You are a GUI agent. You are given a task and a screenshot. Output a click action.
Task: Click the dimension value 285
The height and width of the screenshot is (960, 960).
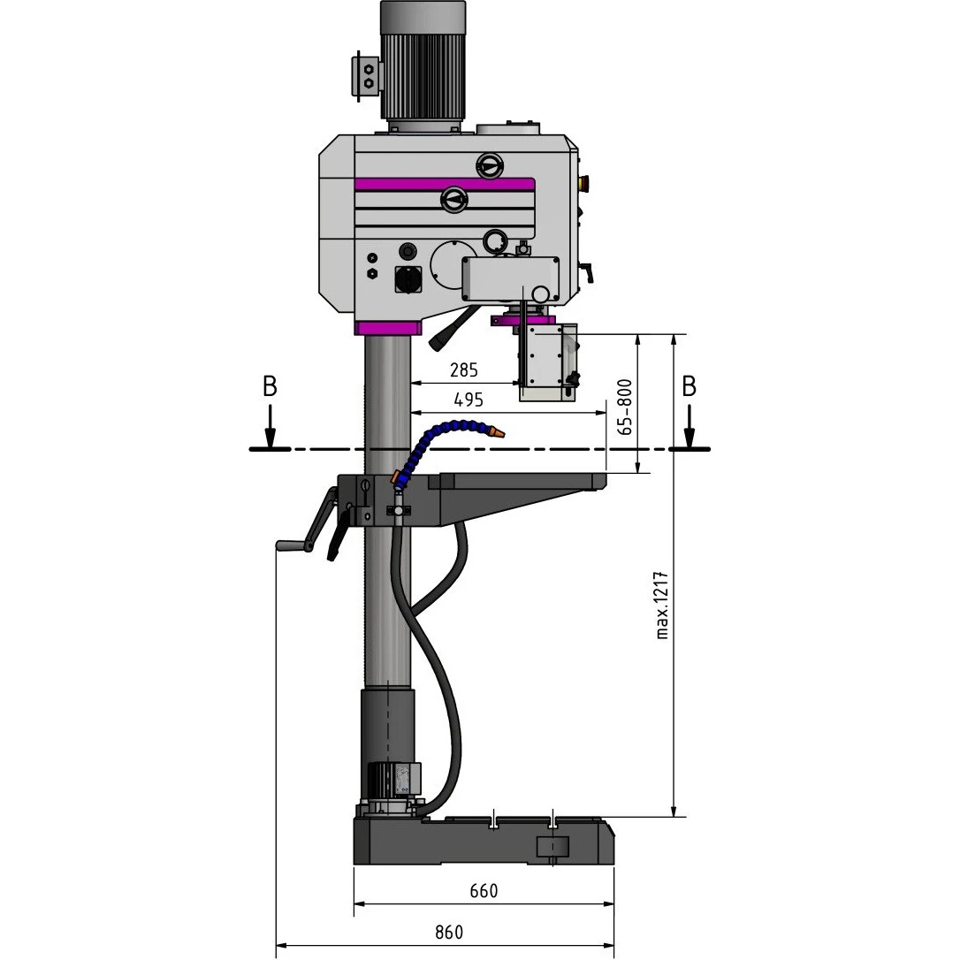463,370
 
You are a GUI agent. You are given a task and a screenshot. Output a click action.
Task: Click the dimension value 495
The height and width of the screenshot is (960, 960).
469,400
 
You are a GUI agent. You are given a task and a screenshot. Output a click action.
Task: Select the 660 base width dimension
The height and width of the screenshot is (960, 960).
484,891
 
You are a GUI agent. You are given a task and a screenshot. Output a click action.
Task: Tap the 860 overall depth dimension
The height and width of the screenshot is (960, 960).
449,933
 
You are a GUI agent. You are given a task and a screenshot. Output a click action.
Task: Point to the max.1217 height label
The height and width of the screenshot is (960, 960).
662,606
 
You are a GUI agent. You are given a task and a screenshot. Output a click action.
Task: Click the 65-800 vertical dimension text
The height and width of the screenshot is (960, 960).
624,408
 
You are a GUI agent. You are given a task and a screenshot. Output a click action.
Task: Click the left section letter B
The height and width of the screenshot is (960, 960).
270,387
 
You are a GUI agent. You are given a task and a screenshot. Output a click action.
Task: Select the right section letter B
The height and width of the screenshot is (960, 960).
689,387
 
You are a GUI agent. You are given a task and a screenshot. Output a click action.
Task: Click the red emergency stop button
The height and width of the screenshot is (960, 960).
583,181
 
